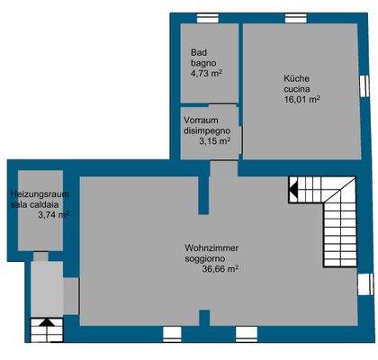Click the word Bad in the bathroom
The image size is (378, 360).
pyautogui.click(x=198, y=52)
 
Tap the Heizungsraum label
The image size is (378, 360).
pyautogui.click(x=40, y=193)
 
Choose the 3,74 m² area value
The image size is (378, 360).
pyautogui.click(x=53, y=215)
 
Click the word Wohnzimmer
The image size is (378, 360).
pyautogui.click(x=212, y=247)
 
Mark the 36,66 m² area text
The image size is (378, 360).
pyautogui.click(x=220, y=267)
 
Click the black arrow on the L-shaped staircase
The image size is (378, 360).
pyautogui.click(x=293, y=190)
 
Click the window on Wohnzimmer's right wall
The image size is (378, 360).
pyautogui.click(x=364, y=283)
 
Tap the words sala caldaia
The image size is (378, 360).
pyautogui.click(x=37, y=204)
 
